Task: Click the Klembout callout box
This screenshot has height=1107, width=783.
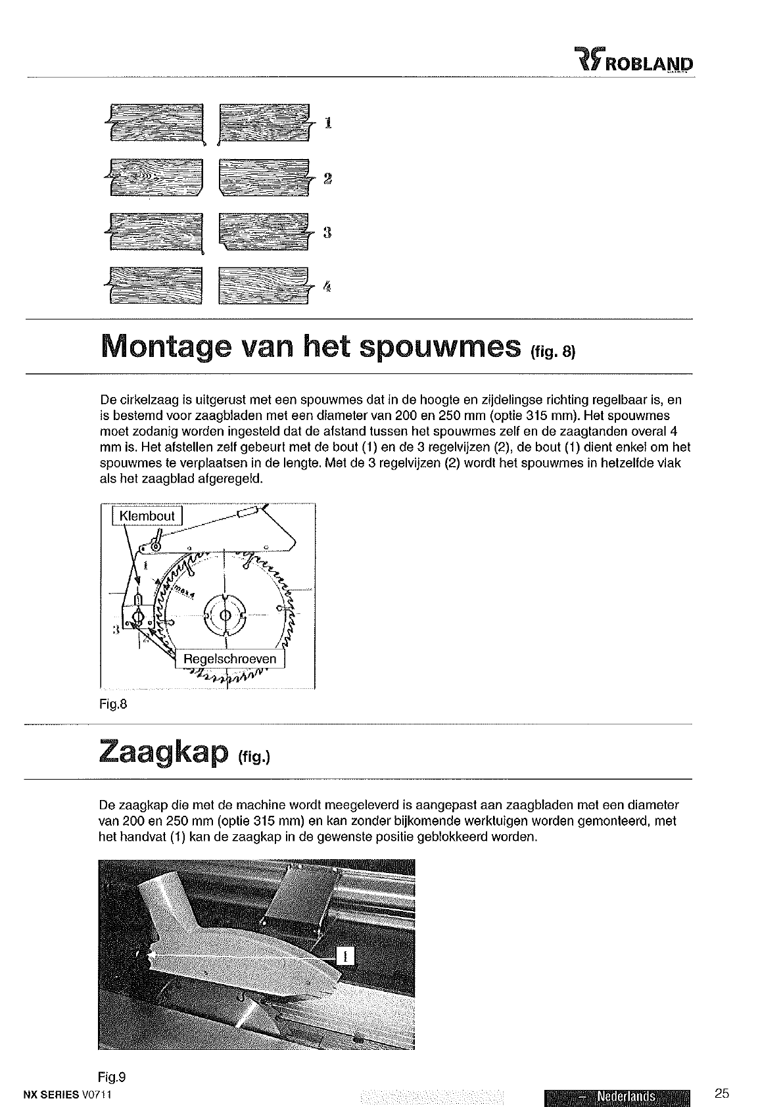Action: [147, 516]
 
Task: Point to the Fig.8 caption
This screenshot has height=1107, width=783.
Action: [112, 705]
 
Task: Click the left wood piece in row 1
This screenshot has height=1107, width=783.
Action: [156, 123]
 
